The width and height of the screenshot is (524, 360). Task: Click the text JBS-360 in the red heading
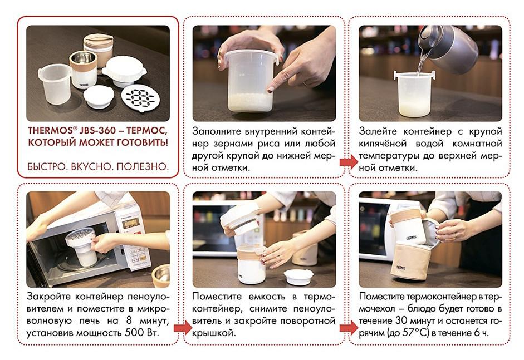point(96,130)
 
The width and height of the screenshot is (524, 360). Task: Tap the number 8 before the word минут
point(129,320)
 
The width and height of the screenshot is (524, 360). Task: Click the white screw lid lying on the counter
point(298,277)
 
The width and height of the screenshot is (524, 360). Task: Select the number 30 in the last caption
point(401,320)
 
